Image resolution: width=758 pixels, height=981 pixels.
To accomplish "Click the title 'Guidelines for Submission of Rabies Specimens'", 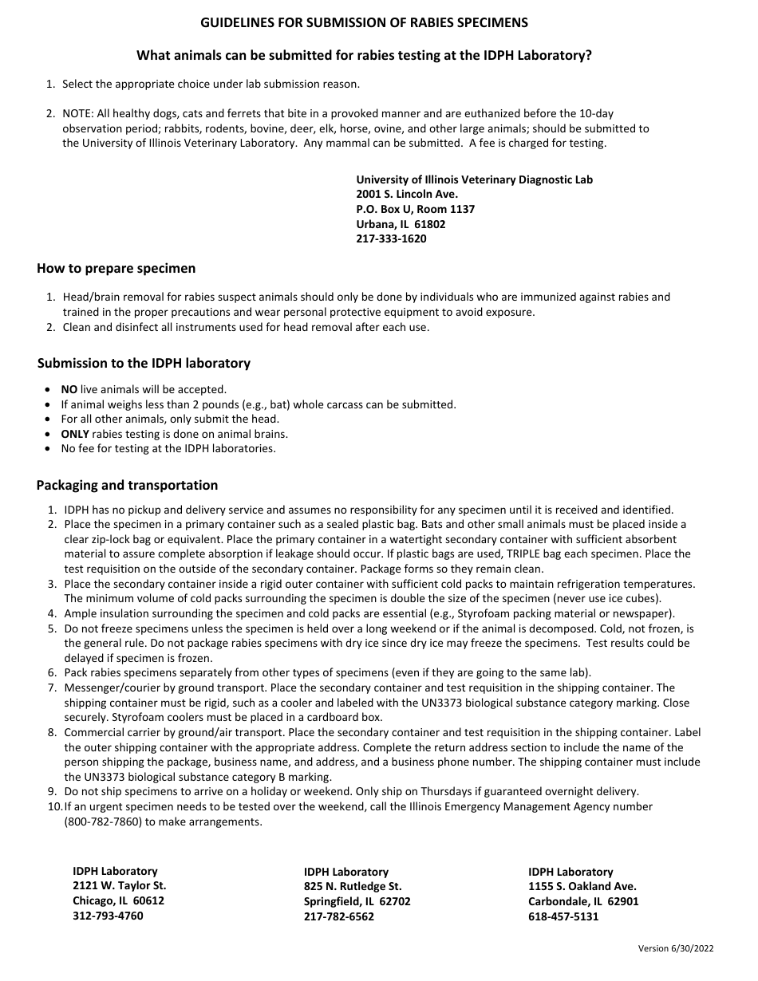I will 364,22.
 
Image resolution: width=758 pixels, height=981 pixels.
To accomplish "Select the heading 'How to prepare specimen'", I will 116,269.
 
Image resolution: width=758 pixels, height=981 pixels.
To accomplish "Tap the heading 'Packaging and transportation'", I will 128,485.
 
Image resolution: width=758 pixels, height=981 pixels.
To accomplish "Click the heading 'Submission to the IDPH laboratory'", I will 144,364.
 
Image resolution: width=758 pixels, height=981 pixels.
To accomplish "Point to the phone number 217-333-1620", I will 391,238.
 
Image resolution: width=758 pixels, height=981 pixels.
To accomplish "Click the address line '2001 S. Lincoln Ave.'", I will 407,194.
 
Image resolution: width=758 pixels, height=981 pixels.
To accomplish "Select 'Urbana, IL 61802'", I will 401,224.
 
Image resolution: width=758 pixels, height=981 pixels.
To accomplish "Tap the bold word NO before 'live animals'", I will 69,390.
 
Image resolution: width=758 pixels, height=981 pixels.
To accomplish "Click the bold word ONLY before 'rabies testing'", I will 75,435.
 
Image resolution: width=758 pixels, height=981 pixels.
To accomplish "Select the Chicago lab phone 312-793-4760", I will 108,916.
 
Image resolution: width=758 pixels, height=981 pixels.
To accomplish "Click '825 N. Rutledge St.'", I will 353,886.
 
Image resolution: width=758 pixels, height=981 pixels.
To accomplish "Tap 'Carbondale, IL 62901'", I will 583,901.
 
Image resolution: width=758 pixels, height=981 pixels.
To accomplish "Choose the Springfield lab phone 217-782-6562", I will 339,916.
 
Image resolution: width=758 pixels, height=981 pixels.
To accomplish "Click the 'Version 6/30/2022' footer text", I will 676,948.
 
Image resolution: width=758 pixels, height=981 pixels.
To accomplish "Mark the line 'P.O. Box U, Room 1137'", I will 415,209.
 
